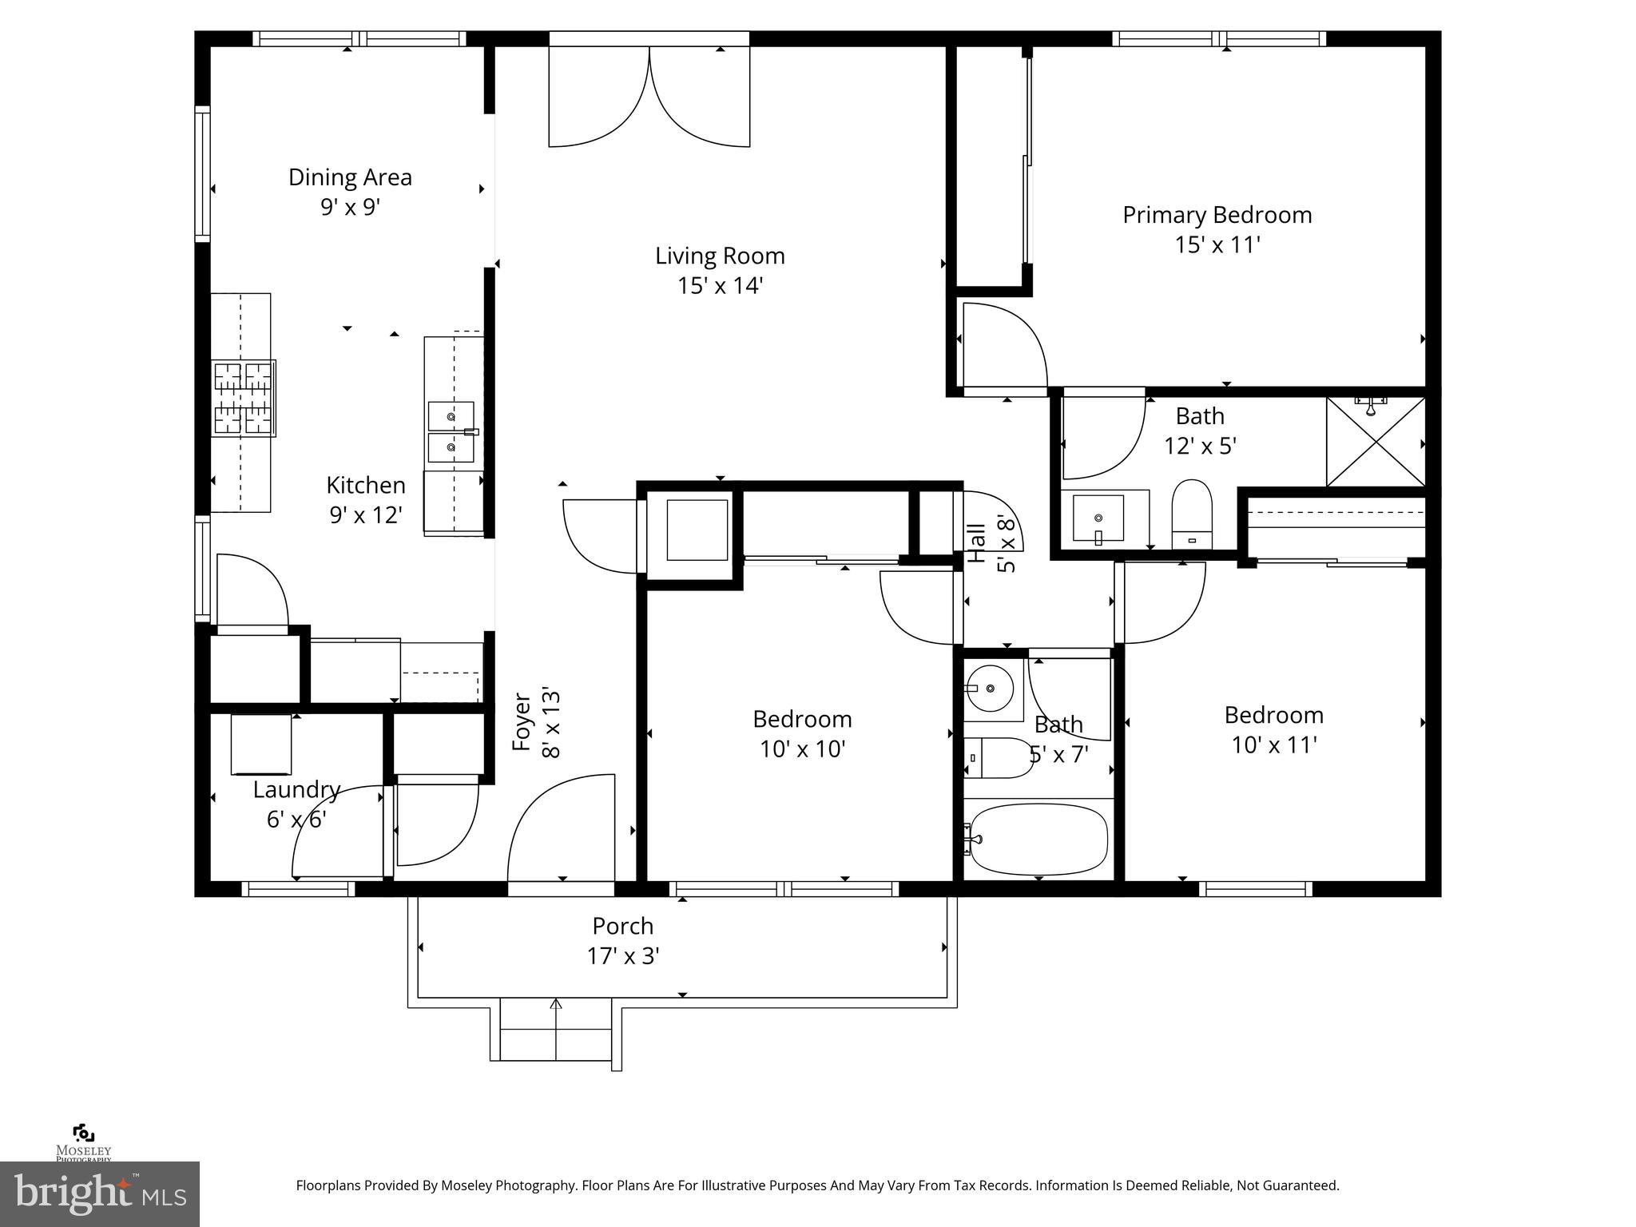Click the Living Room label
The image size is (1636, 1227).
click(x=720, y=256)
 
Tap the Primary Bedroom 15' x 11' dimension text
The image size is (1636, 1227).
click(x=1217, y=244)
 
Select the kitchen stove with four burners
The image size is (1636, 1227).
click(x=244, y=398)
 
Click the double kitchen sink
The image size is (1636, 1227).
click(x=451, y=432)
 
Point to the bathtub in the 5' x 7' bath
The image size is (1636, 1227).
click(x=1037, y=840)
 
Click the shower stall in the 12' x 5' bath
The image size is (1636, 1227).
click(x=1375, y=441)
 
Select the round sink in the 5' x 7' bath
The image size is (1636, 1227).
click(x=989, y=687)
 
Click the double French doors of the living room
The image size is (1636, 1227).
click(x=649, y=96)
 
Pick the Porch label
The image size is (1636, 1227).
click(x=622, y=927)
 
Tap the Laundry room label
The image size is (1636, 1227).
click(x=296, y=790)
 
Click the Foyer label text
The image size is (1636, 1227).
click(x=522, y=722)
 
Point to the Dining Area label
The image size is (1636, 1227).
click(x=350, y=177)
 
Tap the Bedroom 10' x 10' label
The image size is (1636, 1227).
click(x=802, y=720)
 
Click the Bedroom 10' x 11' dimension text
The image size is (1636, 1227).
click(x=1273, y=745)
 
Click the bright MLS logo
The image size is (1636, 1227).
click(x=99, y=1194)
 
